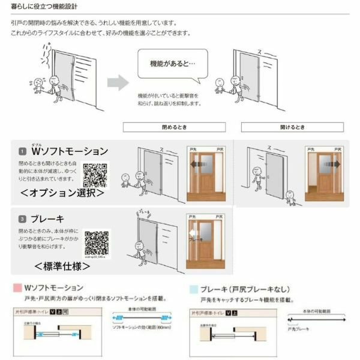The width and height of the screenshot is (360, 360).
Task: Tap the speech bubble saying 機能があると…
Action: click(x=170, y=64)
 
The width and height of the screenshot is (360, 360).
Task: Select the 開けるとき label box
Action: click(x=292, y=127)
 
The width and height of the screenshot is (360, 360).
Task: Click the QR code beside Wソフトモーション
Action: click(x=94, y=175)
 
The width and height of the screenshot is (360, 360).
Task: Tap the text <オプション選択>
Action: click(x=62, y=194)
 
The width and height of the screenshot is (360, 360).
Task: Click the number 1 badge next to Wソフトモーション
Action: click(x=22, y=151)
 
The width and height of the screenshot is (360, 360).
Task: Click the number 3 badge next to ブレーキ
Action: click(x=22, y=219)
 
